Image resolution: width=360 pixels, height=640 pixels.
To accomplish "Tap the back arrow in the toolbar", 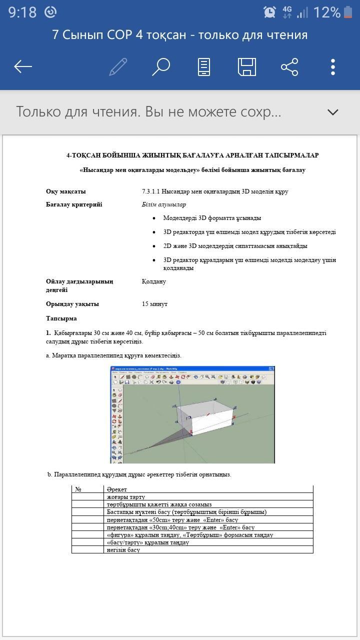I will (x=23, y=66).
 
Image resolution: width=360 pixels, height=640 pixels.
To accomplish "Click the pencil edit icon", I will (x=118, y=66).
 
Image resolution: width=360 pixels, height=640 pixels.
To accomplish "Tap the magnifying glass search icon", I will (x=161, y=66).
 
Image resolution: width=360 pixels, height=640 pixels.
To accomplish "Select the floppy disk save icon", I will (x=246, y=66).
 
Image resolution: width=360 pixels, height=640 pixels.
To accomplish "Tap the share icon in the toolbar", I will (x=289, y=66).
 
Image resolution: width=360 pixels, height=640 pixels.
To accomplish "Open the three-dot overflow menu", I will (x=333, y=66).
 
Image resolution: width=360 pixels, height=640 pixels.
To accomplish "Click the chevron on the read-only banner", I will (x=332, y=112).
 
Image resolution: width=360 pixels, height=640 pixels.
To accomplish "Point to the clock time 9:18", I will (x=22, y=12).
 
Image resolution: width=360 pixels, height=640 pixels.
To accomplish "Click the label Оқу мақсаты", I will (x=66, y=191).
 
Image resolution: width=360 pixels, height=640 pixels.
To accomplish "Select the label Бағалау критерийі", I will (x=74, y=204).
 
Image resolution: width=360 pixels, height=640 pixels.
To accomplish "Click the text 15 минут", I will (x=155, y=304).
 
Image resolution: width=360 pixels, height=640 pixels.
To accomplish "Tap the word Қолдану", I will (x=154, y=281).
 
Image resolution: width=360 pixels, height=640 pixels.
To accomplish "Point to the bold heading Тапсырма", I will (x=61, y=318).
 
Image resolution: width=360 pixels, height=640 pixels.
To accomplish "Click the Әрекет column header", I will (x=117, y=489).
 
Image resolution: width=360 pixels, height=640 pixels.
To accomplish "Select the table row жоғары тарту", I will (x=126, y=497).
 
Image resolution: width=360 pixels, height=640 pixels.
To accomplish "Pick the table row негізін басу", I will (x=123, y=550).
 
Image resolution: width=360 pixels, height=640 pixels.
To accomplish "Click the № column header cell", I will (x=78, y=489).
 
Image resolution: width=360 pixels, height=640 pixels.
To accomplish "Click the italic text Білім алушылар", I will (x=164, y=204).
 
